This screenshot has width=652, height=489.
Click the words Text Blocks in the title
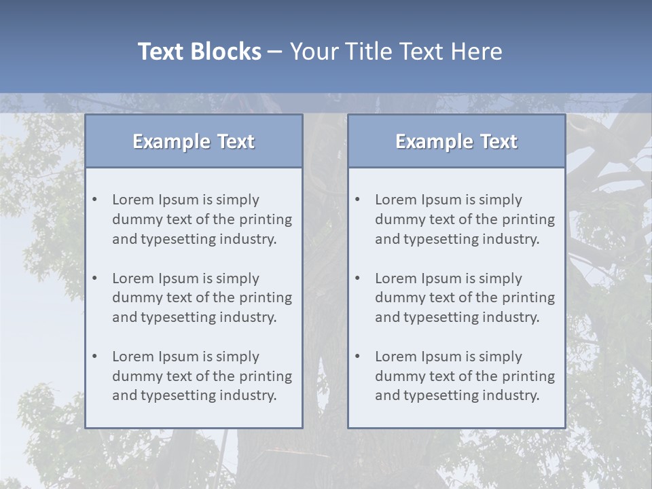coord(199,52)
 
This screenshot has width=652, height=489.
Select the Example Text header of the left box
coord(194,141)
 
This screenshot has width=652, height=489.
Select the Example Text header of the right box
coord(456,141)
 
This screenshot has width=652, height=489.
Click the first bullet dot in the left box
coord(95,200)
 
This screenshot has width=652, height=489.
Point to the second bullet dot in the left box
coord(95,278)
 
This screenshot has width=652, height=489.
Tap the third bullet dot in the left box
coord(95,357)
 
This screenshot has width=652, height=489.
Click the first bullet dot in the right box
coord(358,200)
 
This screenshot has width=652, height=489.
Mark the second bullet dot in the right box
coord(358,278)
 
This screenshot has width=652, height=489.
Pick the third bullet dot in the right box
coord(358,357)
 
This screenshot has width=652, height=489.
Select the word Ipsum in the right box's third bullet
coord(441,357)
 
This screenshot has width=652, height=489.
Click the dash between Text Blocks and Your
coord(275,52)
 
